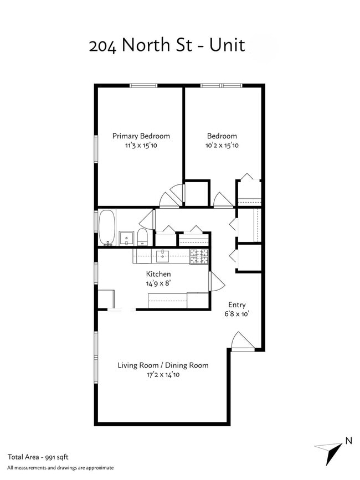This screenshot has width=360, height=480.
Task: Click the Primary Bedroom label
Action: [141, 136]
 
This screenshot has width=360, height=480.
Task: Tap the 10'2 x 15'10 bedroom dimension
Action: [222, 146]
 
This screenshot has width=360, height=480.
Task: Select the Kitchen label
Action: [158, 274]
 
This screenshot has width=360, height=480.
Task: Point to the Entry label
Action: [237, 305]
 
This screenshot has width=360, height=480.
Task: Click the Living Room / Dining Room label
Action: [163, 365]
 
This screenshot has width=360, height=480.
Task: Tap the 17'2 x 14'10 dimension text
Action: [163, 375]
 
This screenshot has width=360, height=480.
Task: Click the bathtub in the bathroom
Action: [107, 227]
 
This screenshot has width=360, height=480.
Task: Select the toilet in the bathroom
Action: [142, 237]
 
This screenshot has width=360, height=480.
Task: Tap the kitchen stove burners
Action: [199, 256]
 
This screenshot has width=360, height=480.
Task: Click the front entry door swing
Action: [243, 340]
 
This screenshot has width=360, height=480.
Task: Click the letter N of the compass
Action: [348, 441]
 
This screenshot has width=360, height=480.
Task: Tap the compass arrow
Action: [329, 453]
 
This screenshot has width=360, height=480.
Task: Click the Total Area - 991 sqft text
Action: [38, 457]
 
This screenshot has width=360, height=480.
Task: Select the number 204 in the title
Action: [102, 46]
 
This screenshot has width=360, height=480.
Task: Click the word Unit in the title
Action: [227, 45]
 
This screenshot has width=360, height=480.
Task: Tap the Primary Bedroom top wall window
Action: [143, 86]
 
